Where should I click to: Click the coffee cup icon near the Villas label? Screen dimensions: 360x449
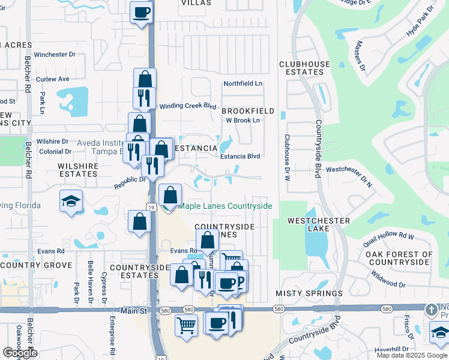142,12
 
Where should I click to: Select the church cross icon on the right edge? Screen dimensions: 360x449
430,310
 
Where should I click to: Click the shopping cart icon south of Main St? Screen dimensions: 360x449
187,326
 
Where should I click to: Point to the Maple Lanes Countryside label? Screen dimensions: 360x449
225,206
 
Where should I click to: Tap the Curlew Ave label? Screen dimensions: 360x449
53,79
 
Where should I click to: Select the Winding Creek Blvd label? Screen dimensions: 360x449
187,106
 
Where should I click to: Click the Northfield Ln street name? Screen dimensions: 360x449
243,83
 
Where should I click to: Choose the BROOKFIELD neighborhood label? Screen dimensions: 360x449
248,111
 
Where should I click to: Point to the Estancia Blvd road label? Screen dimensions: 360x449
240,156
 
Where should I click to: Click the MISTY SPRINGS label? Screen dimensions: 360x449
309,293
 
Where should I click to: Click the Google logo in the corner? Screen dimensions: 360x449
20,353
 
